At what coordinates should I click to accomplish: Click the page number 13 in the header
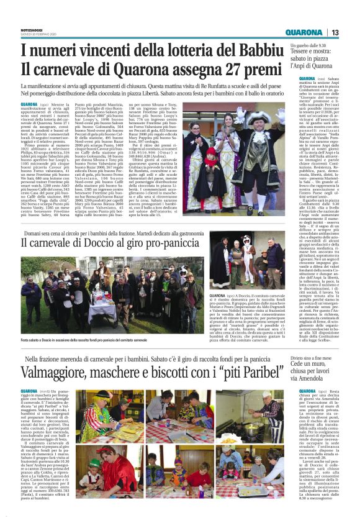point(335,32)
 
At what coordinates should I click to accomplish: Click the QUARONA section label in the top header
point(305,32)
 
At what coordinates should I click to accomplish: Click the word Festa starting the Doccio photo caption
point(25,340)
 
